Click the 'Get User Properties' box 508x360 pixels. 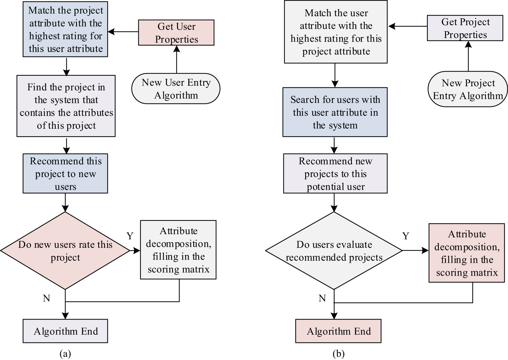176,33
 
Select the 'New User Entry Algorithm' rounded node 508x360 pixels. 176,89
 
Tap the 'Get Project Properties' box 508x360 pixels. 465,28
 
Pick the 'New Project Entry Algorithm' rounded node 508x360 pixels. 467,89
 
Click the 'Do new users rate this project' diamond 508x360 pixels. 65,251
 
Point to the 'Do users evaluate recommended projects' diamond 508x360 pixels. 334,251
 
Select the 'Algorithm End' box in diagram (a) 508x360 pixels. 65,331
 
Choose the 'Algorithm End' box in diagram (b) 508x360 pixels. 338,331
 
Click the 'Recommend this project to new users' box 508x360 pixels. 65,174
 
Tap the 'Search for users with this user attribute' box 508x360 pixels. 335,112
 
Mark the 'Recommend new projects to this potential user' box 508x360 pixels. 335,174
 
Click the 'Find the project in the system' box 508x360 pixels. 66,106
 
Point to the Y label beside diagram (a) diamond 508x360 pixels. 130,236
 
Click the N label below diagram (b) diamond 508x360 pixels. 322,299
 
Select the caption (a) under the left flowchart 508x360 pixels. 65,354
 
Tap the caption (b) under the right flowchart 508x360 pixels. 338,354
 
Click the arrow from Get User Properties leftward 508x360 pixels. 123,31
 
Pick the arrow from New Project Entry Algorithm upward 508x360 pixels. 468,56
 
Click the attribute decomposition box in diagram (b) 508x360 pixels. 466,253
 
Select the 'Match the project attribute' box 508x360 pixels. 65,29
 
